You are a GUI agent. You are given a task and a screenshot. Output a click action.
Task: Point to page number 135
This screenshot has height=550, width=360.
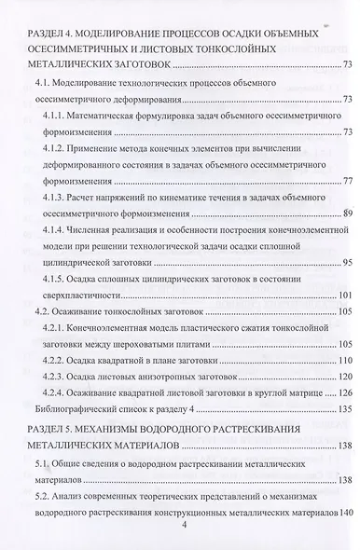[x=343, y=409]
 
